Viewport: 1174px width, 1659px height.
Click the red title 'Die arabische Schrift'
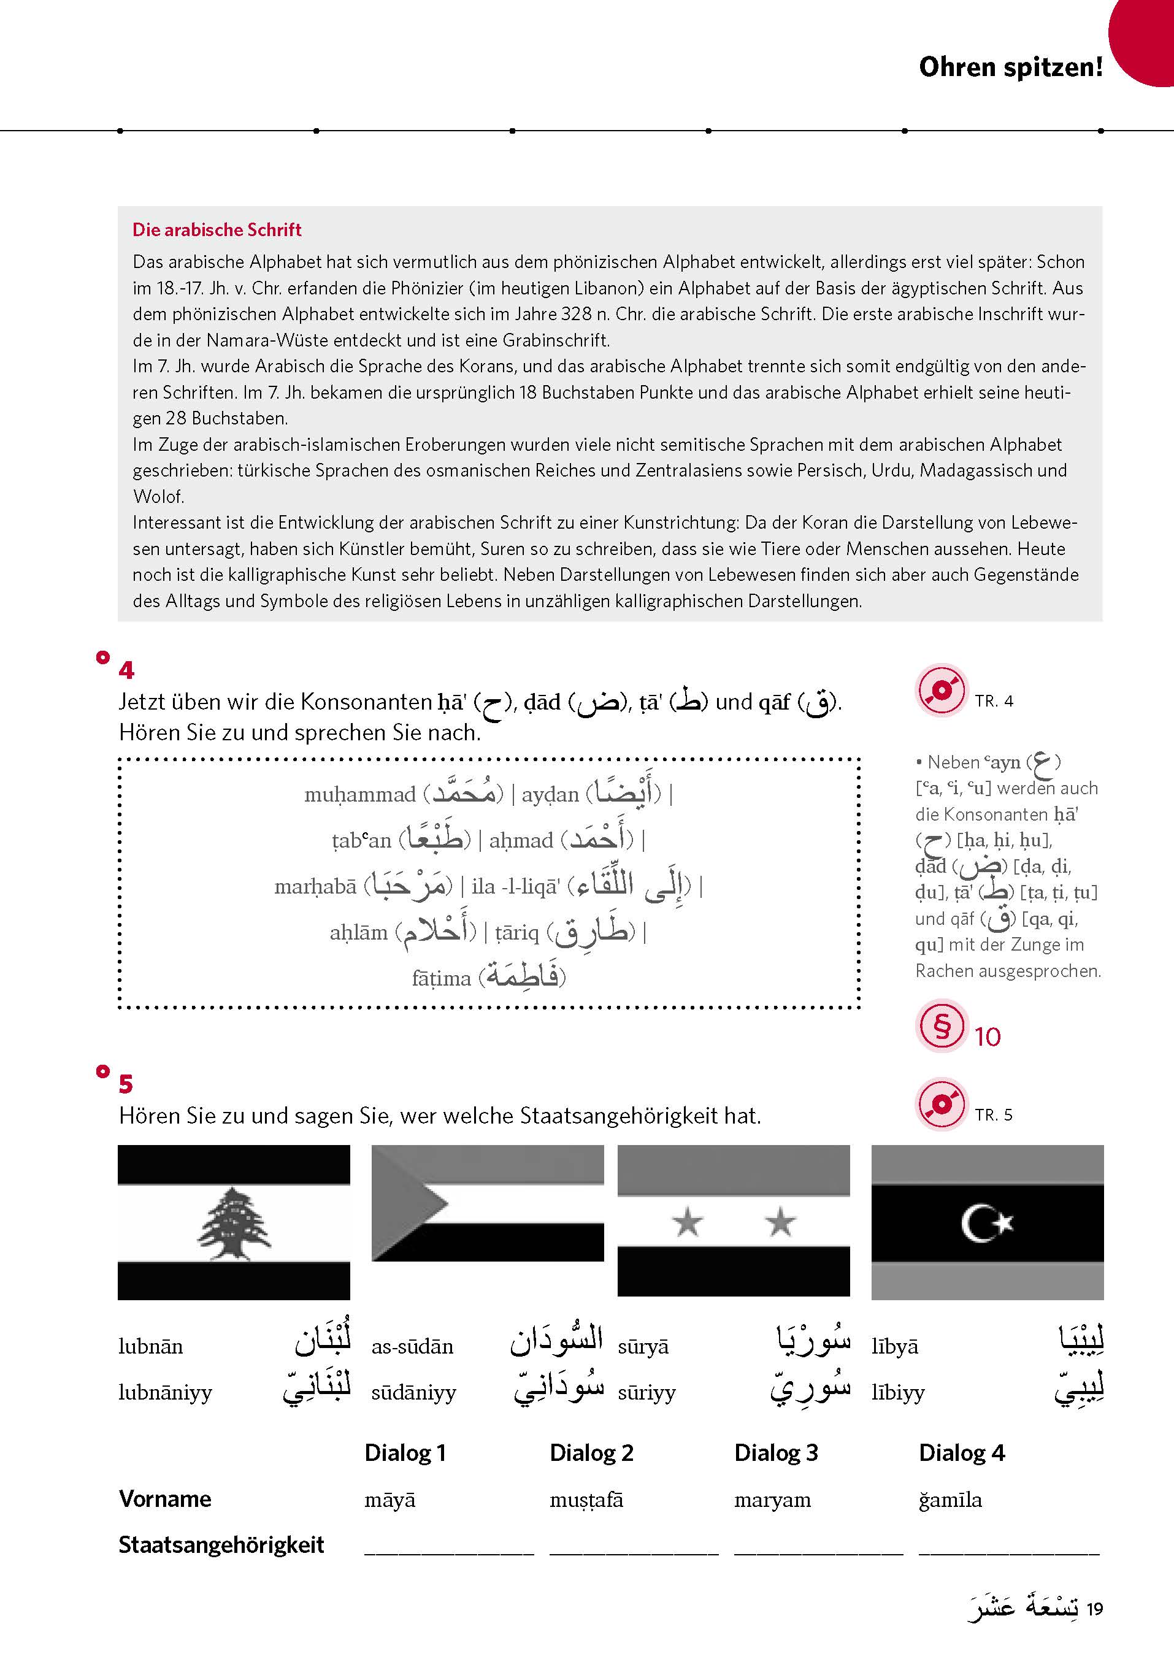coord(217,230)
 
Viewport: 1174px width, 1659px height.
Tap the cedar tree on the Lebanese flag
coord(234,1224)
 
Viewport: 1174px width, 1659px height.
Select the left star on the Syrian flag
coord(687,1223)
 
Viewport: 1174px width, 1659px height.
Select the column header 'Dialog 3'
coord(776,1452)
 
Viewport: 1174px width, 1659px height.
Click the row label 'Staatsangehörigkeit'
coord(221,1545)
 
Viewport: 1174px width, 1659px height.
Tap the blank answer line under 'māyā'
coord(448,1551)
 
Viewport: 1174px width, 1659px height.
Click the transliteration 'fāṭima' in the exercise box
coord(441,979)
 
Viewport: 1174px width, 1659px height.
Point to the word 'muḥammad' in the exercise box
coord(359,794)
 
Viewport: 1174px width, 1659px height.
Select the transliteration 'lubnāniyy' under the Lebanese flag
coord(165,1393)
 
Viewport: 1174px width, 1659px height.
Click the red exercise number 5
coord(126,1084)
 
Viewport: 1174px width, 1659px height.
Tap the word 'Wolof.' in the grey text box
coord(158,497)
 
